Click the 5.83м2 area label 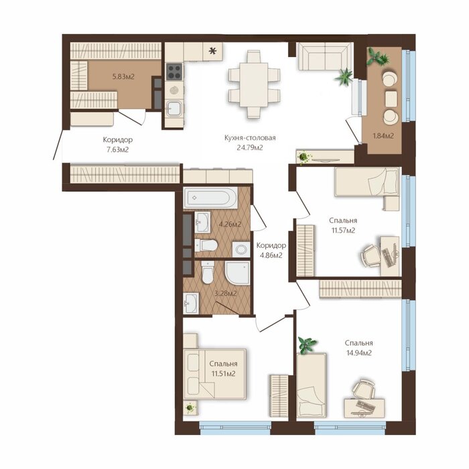pyautogui.click(x=123, y=76)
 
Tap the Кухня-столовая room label pyautogui.click(x=250, y=138)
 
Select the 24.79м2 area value pyautogui.click(x=250, y=147)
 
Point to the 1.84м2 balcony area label pyautogui.click(x=383, y=136)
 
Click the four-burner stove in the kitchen pyautogui.click(x=174, y=72)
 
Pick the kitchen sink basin pyautogui.click(x=174, y=108)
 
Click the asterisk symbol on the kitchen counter pyautogui.click(x=212, y=52)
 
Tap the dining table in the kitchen pyautogui.click(x=254, y=84)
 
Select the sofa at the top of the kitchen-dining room pyautogui.click(x=324, y=56)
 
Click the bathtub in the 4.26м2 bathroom pyautogui.click(x=210, y=198)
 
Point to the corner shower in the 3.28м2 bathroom pyautogui.click(x=237, y=273)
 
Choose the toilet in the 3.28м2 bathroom pyautogui.click(x=208, y=272)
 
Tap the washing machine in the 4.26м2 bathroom pyautogui.click(x=241, y=249)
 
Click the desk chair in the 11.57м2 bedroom pyautogui.click(x=370, y=257)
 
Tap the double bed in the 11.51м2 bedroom pyautogui.click(x=215, y=374)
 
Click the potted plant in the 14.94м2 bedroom pyautogui.click(x=308, y=345)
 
